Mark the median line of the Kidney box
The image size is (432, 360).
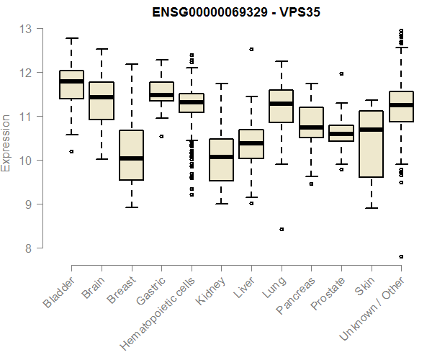pos(221,156)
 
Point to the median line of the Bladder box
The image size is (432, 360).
pos(71,81)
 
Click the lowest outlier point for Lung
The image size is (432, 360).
pos(282,229)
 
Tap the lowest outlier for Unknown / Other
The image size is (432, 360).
pos(401,256)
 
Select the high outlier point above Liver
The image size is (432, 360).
pos(251,50)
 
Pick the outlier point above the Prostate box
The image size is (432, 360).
pos(341,73)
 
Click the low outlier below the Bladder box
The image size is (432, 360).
pos(71,151)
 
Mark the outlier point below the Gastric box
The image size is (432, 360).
pos(161,136)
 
